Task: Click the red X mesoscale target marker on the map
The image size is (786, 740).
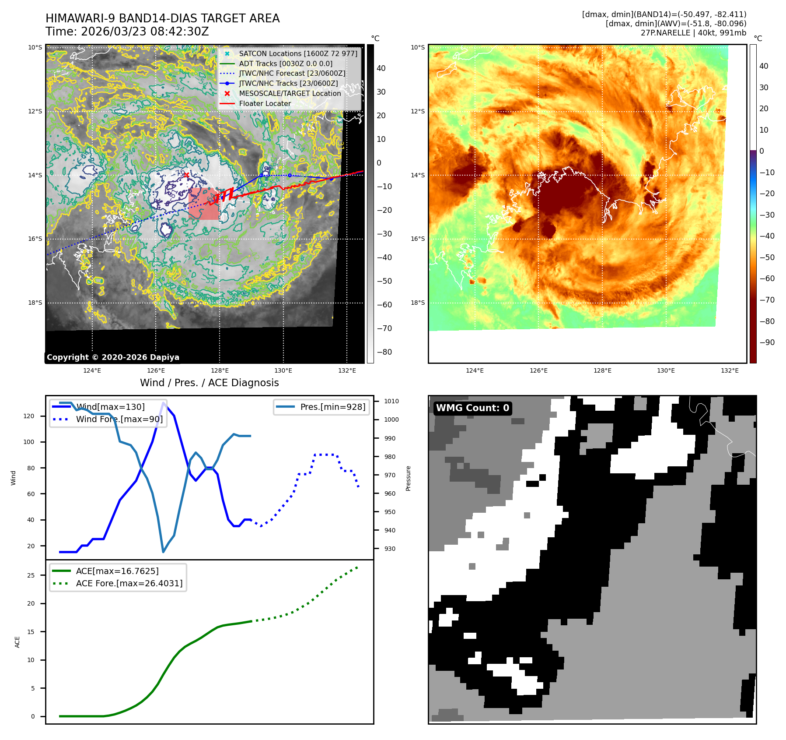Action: coord(186,175)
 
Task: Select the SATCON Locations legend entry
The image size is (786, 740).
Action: coord(298,53)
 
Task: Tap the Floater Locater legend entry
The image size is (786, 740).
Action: coord(265,103)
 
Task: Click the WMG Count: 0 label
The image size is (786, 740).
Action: coord(472,408)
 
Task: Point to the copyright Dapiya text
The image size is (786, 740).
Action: coord(113,357)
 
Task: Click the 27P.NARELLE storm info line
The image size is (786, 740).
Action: coord(693,33)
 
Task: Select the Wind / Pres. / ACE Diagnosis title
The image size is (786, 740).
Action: coord(209,383)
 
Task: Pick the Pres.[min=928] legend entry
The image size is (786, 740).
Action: coord(332,407)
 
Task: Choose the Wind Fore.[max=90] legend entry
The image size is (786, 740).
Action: coord(119,419)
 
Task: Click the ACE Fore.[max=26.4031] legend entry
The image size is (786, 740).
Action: coord(129,583)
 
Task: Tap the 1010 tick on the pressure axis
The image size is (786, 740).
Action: coord(391,401)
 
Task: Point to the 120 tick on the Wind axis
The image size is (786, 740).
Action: coord(29,416)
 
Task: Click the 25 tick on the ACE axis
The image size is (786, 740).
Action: coord(31,575)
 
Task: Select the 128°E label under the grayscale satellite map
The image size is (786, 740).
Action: coord(220,370)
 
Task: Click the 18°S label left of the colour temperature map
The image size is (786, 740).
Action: coord(418,303)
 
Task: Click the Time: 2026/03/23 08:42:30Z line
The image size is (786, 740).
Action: coord(127,32)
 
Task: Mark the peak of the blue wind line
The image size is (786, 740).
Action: coord(164,402)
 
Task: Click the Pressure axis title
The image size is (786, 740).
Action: coord(408,478)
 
